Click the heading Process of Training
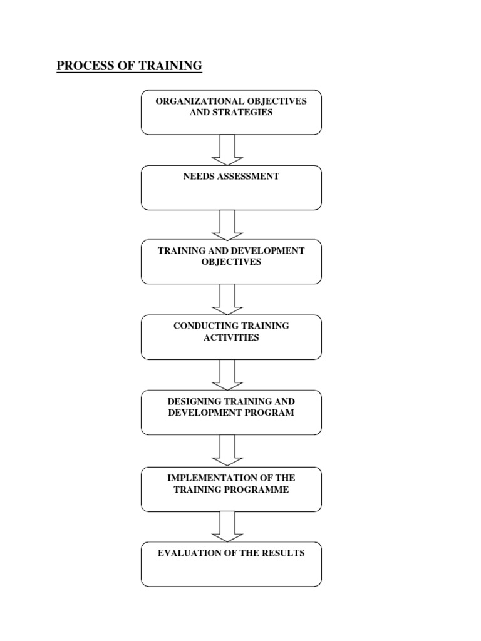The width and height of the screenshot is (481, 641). pos(130,66)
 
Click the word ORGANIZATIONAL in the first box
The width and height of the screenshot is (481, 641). pos(190,101)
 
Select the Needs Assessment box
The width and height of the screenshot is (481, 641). pos(231,188)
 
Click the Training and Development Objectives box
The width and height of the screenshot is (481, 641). pos(231,262)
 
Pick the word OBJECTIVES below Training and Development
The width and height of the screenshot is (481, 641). pos(231,262)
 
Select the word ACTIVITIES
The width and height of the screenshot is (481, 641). pos(231,338)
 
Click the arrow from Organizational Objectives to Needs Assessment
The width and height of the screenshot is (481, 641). pos(227,150)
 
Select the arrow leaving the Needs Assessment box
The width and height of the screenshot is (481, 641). pos(227,225)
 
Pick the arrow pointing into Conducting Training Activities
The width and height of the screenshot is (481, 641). pos(227,299)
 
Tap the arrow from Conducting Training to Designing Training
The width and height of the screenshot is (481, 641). pos(227,375)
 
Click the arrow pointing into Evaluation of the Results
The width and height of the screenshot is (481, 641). pos(227,526)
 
